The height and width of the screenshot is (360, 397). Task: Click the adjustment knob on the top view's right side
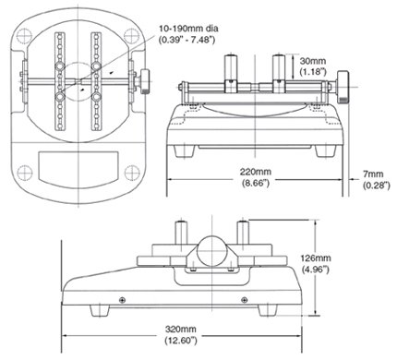click(x=146, y=83)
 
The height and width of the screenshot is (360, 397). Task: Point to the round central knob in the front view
click(x=211, y=246)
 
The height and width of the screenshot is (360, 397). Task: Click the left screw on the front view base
click(x=123, y=298)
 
